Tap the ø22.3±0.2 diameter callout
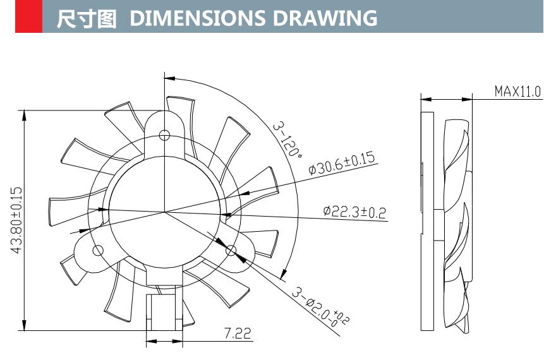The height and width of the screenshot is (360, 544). (354, 212)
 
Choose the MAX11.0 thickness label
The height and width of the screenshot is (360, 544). (517, 92)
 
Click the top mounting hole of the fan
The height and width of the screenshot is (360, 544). (165, 134)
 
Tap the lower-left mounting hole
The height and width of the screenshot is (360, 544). (98, 251)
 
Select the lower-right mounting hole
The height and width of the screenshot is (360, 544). (231, 251)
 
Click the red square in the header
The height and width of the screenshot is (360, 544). (28, 17)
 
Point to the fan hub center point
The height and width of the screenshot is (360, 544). (164, 211)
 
